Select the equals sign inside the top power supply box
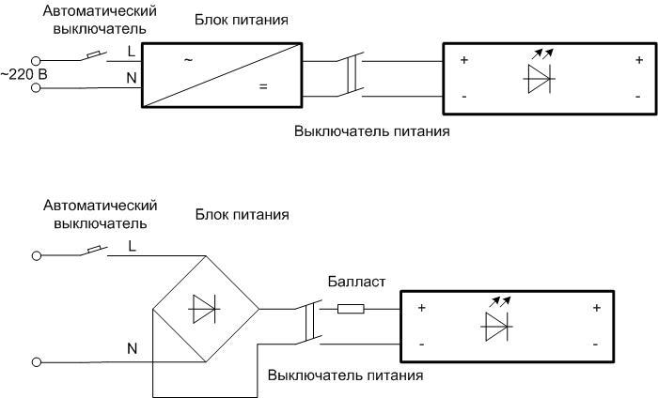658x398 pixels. (262, 86)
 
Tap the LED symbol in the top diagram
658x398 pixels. (539, 76)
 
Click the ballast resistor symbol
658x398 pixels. (351, 308)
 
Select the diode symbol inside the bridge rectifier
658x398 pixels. (205, 308)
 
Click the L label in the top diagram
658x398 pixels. (131, 54)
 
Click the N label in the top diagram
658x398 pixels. (131, 79)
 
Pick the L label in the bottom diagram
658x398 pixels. (131, 246)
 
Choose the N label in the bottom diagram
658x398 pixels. (132, 348)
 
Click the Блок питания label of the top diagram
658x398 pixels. (242, 20)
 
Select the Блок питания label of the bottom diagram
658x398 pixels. (242, 215)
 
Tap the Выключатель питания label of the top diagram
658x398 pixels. (371, 131)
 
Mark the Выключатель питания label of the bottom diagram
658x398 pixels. (345, 375)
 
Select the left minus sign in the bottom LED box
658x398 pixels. (421, 344)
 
